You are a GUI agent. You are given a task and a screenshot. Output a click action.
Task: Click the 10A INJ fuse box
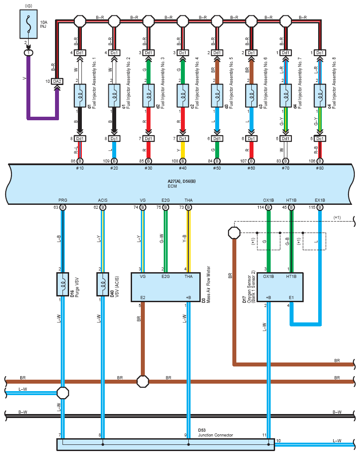pos(29,24)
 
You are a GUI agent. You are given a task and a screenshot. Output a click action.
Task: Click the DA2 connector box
pos(57,81)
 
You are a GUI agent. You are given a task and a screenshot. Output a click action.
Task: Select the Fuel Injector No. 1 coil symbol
pos(80,96)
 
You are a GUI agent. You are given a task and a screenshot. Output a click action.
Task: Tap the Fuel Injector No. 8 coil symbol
pos(320,96)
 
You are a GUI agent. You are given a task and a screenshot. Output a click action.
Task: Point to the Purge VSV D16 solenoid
pos(62,285)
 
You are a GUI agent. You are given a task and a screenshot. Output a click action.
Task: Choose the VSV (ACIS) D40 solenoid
pos(103,285)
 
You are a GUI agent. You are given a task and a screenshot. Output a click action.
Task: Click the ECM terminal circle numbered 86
pos(80,161)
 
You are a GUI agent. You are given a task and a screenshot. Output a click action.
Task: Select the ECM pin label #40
pos(183,168)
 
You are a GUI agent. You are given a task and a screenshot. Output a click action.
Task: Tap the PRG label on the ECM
pos(62,200)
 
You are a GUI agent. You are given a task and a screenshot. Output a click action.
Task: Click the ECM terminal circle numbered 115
pos(320,207)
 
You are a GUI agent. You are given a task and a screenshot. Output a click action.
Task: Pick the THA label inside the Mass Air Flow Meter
pos(188,277)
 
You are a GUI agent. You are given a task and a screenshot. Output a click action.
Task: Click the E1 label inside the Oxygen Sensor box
pos(291,297)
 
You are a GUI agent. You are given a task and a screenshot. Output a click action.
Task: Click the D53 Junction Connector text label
pos(215,433)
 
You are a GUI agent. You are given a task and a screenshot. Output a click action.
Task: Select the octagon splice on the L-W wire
pos(62,393)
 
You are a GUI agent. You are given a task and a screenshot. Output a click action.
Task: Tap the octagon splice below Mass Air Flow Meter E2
pos(143,381)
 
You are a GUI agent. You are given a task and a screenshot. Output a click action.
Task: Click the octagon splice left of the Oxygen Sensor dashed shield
pos(234,233)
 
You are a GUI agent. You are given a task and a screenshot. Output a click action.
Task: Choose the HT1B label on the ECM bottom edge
pos(291,200)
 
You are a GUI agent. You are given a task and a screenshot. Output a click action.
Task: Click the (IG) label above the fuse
pos(29,6)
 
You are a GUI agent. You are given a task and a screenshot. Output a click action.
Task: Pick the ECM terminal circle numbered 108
pos(183,161)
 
